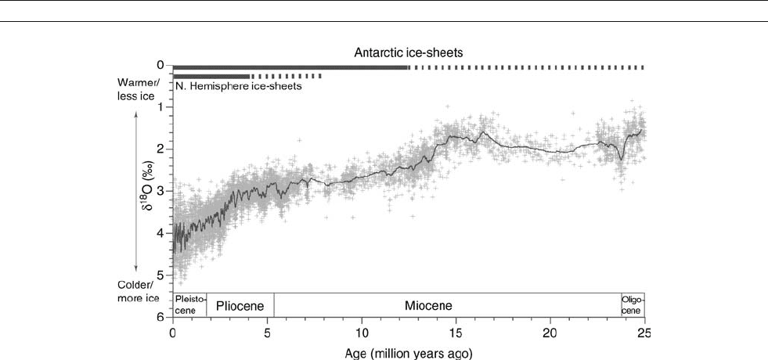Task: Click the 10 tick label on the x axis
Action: click(x=362, y=329)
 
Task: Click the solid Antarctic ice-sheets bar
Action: click(x=290, y=68)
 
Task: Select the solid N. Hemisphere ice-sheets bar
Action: click(x=211, y=77)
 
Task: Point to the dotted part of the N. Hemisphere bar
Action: click(x=286, y=77)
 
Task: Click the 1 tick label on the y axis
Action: click(x=160, y=106)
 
